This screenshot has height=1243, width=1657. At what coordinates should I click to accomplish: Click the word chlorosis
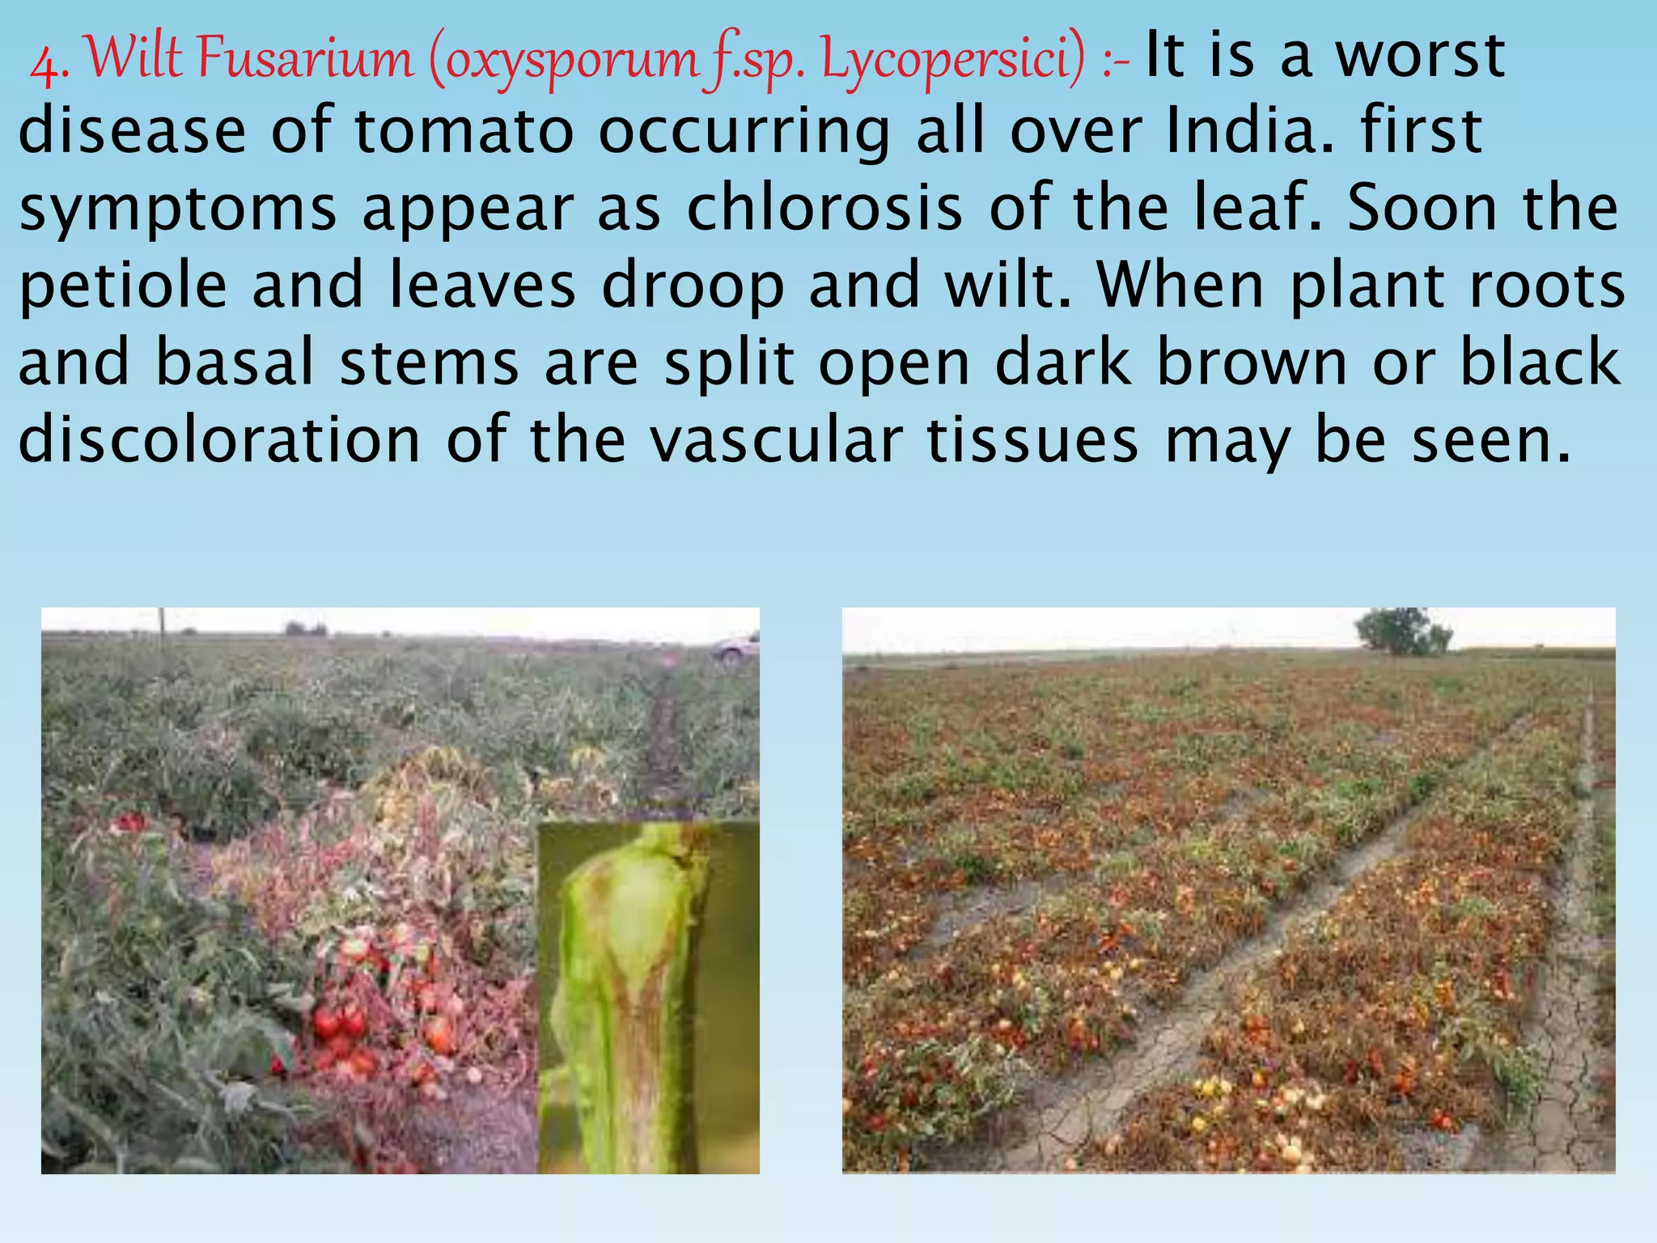pyautogui.click(x=824, y=208)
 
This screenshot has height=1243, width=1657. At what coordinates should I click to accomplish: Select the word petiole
pyautogui.click(x=122, y=286)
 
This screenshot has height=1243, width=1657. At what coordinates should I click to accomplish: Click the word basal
pyautogui.click(x=235, y=363)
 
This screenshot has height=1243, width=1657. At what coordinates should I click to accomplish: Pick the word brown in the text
pyautogui.click(x=1252, y=363)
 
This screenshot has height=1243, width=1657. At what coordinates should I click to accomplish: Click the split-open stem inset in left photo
pyautogui.click(x=647, y=995)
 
